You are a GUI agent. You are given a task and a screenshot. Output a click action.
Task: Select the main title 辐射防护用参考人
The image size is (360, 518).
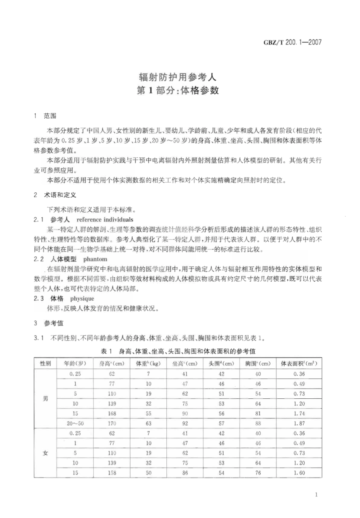(178, 77)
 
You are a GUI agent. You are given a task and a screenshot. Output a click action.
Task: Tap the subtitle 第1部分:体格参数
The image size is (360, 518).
(178, 91)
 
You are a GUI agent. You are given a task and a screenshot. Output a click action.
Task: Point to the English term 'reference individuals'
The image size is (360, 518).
(105, 220)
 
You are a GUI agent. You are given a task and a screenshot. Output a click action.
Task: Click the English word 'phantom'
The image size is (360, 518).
(95, 259)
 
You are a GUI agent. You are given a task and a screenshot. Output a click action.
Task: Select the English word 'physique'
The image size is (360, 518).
(82, 299)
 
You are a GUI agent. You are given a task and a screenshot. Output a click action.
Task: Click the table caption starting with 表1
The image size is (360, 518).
(178, 351)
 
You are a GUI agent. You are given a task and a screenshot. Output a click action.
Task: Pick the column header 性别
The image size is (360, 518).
(45, 364)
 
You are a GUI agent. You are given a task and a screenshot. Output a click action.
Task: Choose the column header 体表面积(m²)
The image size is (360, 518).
(299, 364)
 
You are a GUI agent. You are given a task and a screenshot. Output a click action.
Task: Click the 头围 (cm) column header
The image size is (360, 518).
(222, 364)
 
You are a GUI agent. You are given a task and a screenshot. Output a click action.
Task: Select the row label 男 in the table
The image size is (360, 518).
(45, 399)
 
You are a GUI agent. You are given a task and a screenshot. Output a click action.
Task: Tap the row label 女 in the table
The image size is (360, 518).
(45, 453)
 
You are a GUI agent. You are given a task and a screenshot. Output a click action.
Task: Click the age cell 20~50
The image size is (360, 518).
(75, 423)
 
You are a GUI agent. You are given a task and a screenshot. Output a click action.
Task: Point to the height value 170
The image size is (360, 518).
(112, 423)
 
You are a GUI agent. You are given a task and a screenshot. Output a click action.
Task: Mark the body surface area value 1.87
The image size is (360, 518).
(299, 423)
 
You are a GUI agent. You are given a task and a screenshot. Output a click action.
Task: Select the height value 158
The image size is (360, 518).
(112, 473)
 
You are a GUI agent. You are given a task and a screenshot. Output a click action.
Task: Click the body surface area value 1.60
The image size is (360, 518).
(299, 473)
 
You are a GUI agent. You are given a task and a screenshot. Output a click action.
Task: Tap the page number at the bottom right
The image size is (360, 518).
(316, 495)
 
